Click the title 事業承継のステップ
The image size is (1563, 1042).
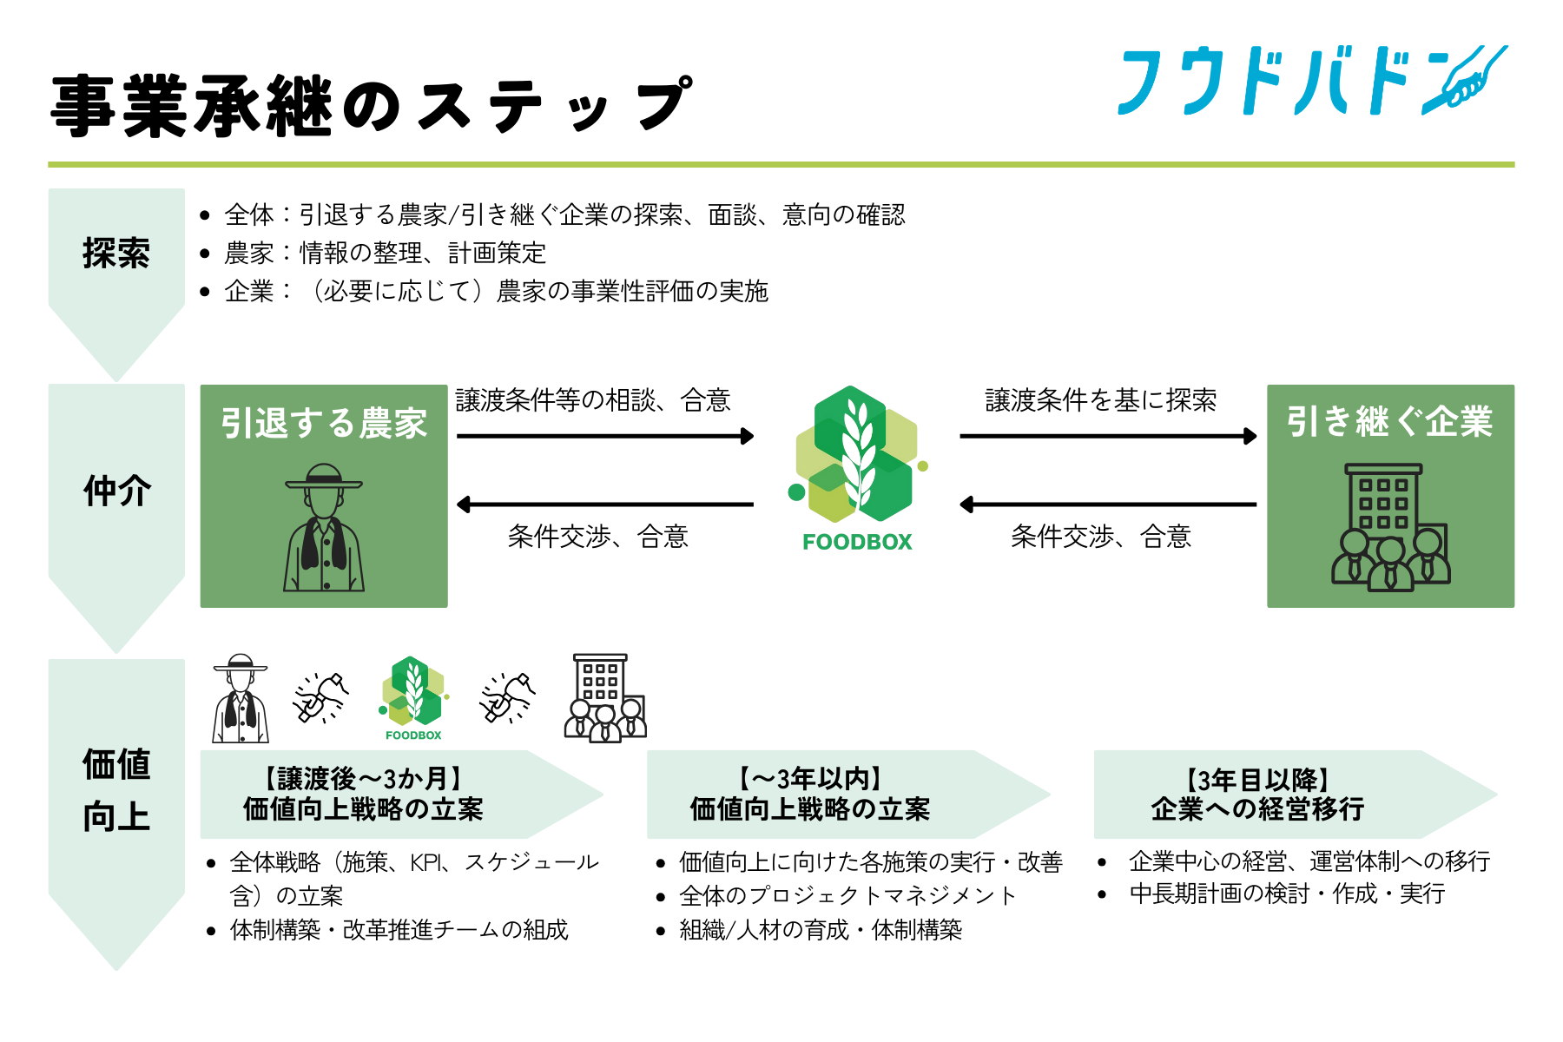point(372,106)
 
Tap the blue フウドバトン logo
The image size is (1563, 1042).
point(1311,82)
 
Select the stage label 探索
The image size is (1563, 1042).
point(116,254)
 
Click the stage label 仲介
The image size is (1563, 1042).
point(117,491)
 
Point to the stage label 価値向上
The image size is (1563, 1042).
point(116,790)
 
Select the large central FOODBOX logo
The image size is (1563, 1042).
point(857,469)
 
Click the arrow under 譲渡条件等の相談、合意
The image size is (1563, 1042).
point(605,436)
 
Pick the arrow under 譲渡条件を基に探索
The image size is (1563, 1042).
point(1108,436)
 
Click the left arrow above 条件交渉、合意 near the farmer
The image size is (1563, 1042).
point(605,504)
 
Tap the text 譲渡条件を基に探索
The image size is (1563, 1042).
point(1101,400)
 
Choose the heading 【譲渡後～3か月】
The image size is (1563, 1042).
point(363,779)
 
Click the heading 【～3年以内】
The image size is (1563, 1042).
point(809,779)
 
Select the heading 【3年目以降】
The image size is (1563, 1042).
point(1257,779)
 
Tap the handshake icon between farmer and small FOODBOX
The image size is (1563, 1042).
point(321,697)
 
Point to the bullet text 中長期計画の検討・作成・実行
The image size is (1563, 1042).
point(1287,894)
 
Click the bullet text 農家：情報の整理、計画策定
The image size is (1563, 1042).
point(386,253)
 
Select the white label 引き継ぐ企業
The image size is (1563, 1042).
point(1389,422)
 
